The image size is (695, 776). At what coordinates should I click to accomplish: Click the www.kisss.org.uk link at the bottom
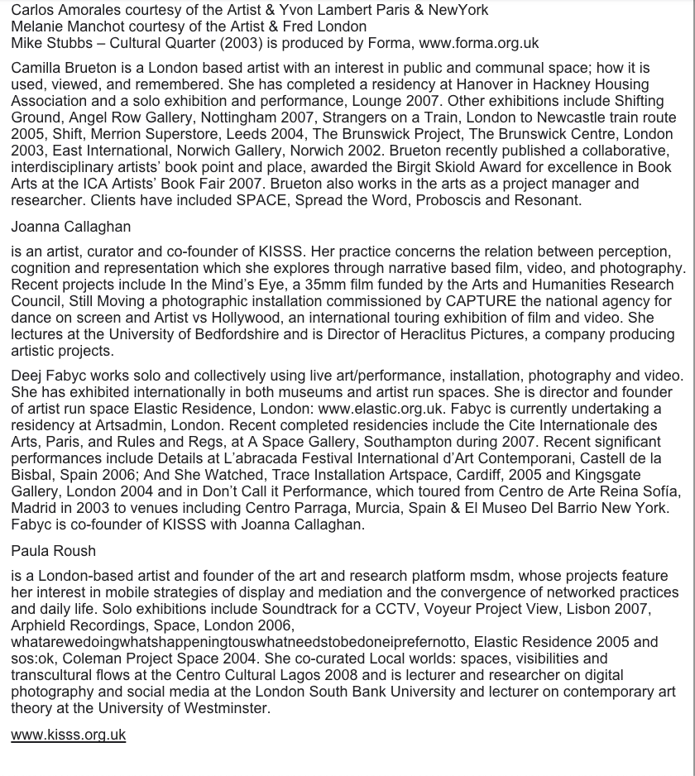pos(68,734)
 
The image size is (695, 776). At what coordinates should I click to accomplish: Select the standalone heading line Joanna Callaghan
pos(71,227)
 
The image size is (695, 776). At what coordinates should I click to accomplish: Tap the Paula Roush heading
pos(54,551)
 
